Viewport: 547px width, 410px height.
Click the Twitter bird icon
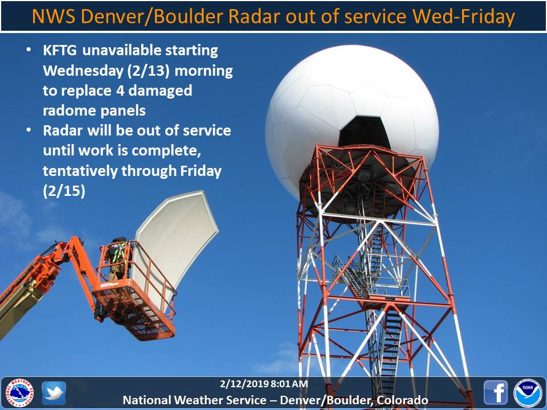tap(54, 393)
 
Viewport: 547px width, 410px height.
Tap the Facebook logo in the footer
tap(495, 392)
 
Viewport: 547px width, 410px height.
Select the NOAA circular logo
tap(528, 392)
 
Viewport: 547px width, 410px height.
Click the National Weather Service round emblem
tap(20, 392)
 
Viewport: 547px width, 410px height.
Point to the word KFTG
tap(60, 51)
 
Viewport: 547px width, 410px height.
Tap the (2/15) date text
tap(64, 191)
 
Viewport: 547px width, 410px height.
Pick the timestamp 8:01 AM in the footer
tap(289, 384)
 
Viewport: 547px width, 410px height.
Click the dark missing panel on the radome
tap(365, 132)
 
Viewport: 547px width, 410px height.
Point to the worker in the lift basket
tap(118, 259)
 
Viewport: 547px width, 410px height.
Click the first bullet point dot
tap(28, 50)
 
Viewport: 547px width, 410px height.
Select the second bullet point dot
tap(28, 130)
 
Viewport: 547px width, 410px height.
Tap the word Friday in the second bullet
tap(201, 171)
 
